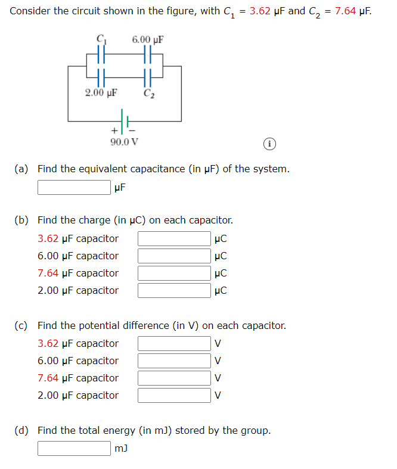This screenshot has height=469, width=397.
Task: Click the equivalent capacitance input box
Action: tap(75, 188)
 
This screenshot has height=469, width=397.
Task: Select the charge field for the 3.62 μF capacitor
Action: tap(175, 239)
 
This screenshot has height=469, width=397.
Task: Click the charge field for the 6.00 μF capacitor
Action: tap(175, 256)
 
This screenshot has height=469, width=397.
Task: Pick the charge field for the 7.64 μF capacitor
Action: tap(175, 274)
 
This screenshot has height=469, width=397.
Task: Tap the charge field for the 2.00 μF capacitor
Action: tap(175, 291)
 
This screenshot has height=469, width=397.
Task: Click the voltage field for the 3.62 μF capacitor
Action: tap(175, 344)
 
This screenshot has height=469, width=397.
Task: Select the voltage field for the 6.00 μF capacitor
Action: tap(175, 361)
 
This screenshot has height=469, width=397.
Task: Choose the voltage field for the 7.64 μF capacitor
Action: tap(175, 378)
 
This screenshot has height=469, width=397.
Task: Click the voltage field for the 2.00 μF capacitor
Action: tap(175, 396)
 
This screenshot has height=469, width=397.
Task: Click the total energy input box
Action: tap(75, 448)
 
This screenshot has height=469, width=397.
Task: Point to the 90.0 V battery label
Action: tap(125, 142)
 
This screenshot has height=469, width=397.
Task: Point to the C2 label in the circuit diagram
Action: tap(148, 92)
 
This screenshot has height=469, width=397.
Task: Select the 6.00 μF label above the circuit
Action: tap(147, 40)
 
